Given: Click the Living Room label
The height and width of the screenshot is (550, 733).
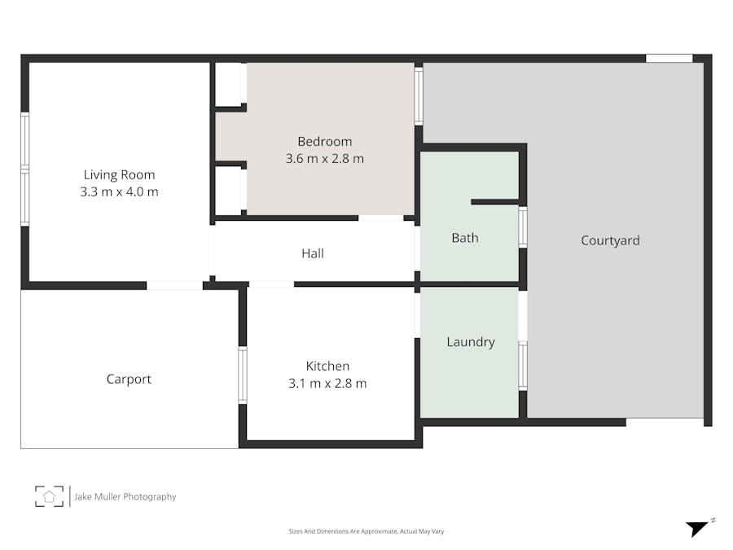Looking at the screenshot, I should (119, 174).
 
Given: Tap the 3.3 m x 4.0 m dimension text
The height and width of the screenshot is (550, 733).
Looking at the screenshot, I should (119, 192).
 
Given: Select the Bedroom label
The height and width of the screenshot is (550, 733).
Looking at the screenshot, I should (324, 141).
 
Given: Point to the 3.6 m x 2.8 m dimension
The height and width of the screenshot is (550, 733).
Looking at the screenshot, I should (324, 159).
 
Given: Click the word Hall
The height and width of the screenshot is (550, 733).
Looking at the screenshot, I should (313, 253).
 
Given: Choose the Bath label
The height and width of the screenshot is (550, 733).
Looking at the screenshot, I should (465, 238).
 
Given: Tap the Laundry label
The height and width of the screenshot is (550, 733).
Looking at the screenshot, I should (471, 342).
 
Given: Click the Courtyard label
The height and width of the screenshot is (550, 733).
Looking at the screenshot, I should (610, 240).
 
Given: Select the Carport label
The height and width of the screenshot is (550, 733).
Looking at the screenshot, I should (129, 379).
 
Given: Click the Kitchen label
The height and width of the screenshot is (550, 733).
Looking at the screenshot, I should (327, 366).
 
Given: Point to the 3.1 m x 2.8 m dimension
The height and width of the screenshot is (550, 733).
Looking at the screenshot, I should (327, 384).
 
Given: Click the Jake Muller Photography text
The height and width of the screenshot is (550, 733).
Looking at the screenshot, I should (125, 496).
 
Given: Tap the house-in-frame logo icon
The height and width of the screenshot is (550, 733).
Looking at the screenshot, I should (49, 496).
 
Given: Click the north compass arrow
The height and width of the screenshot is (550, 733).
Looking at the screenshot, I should (696, 528).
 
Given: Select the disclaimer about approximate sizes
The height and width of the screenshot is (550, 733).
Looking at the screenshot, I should (366, 531).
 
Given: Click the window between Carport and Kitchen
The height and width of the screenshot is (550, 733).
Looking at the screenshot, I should (243, 375).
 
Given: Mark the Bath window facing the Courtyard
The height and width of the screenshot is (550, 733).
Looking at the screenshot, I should (523, 227).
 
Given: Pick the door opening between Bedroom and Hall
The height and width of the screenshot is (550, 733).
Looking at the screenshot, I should (380, 218).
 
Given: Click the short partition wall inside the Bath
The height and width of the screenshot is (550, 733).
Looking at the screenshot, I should (494, 201).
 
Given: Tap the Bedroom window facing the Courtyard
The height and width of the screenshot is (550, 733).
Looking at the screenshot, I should (419, 95).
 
